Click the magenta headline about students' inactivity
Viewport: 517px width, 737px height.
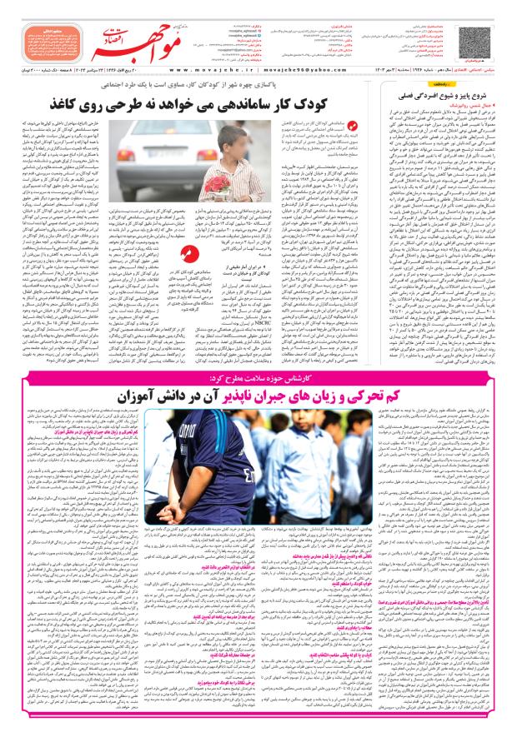[x=254, y=391]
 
